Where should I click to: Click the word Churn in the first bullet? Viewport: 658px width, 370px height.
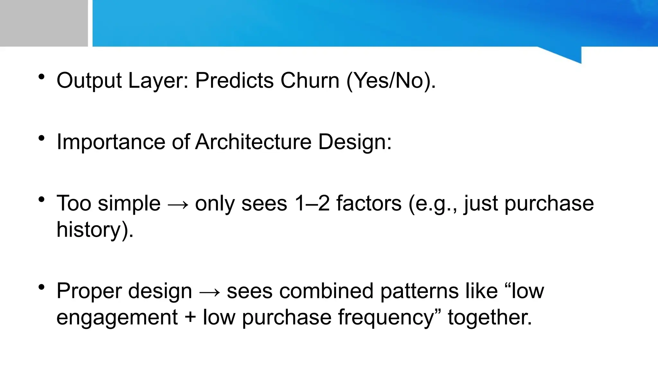310,80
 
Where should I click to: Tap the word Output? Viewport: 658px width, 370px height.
89,80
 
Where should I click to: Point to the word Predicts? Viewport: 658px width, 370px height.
234,80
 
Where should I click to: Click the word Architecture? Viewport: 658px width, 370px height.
253,142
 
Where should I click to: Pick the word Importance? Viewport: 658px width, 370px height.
111,142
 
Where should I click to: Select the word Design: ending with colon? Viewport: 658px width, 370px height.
355,142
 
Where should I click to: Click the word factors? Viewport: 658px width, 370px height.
369,203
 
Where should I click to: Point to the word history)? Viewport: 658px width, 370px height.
95,230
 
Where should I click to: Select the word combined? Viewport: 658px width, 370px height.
326,291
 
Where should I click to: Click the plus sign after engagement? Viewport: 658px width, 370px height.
190,317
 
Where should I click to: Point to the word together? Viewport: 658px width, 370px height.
490,317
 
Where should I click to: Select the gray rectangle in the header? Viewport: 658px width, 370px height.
44,23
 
